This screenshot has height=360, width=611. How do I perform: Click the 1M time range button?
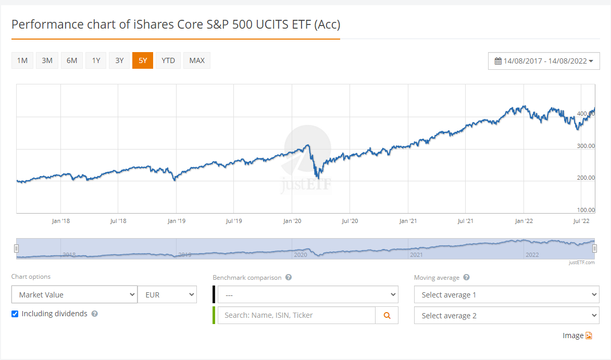(22, 60)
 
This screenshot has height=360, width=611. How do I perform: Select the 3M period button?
(47, 60)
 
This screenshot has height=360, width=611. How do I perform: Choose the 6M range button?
(72, 60)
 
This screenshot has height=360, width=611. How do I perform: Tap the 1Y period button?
(96, 60)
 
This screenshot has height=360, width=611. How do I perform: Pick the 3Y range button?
(119, 60)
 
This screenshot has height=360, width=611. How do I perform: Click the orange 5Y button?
(143, 60)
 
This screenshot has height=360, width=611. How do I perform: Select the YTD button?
(168, 60)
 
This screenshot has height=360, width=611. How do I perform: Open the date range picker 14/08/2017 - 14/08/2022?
(544, 61)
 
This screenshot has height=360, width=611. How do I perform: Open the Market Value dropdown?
(74, 294)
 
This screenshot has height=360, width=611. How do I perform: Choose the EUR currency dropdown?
(167, 294)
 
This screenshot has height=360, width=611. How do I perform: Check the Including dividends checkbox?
(15, 314)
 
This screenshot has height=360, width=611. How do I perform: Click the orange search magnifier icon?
(387, 315)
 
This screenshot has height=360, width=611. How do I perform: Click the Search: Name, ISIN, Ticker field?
(296, 315)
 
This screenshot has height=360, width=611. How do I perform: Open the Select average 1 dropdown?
(507, 294)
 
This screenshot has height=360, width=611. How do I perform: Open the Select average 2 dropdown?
(507, 315)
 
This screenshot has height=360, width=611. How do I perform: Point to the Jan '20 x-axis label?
(292, 221)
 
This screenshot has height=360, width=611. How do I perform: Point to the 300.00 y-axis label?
(585, 146)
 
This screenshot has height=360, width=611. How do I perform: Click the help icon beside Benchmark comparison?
(289, 277)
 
